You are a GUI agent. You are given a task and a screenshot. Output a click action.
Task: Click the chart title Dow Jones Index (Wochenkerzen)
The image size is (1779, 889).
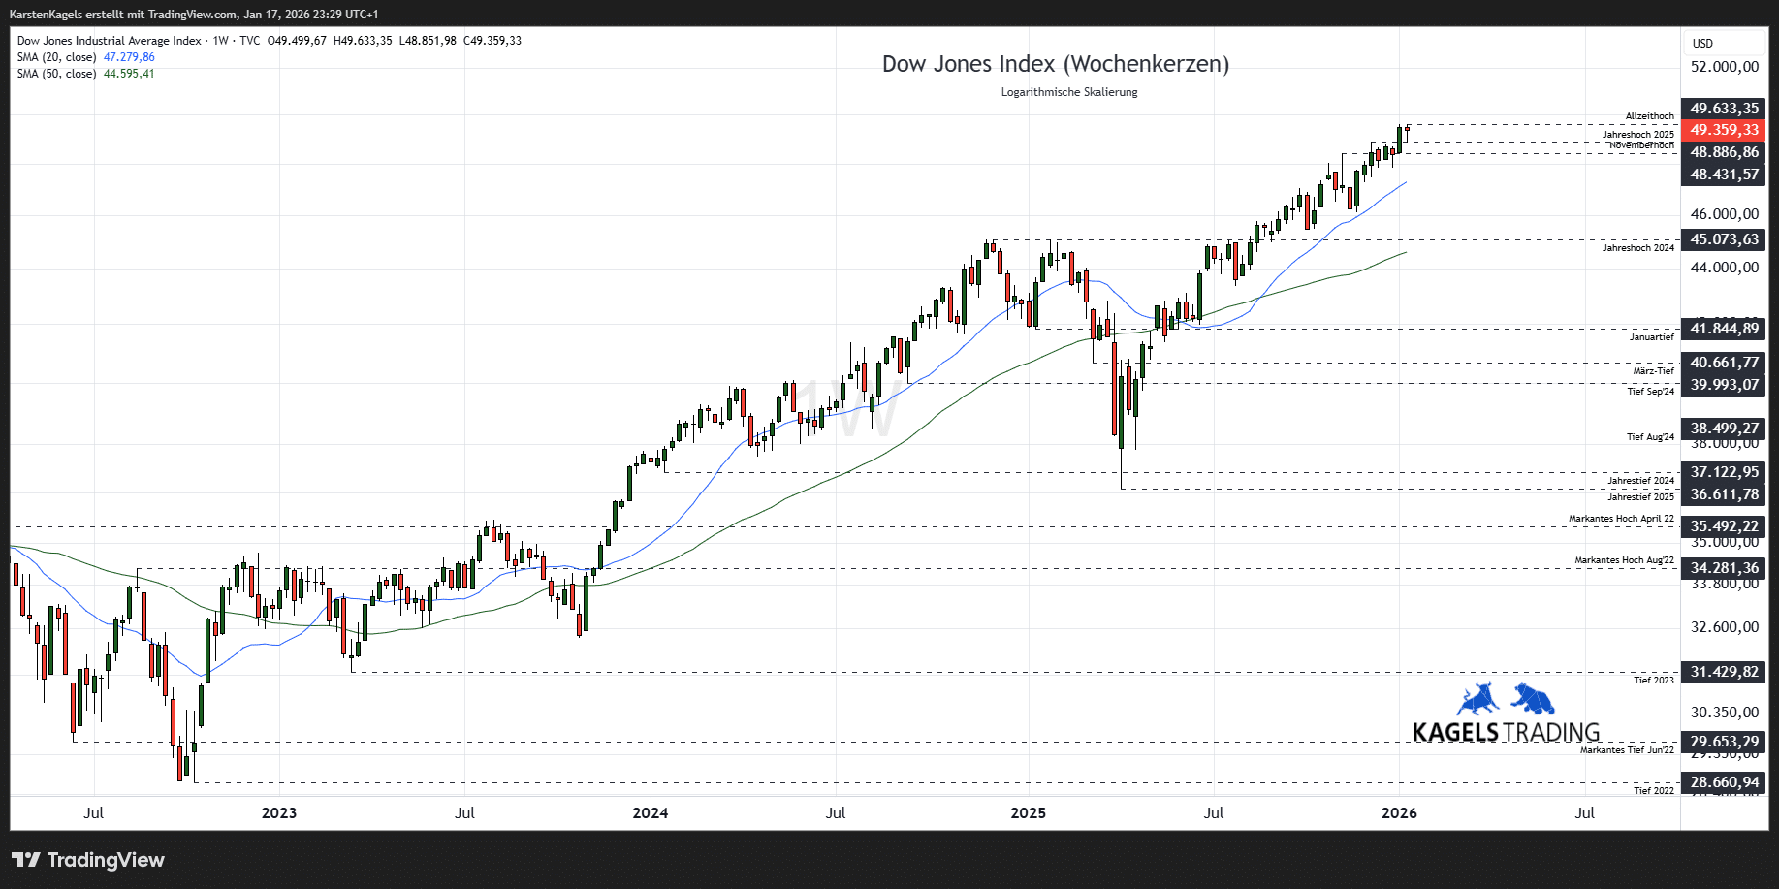point(1055,64)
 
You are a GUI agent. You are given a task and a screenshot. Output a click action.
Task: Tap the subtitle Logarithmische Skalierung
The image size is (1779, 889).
point(1068,92)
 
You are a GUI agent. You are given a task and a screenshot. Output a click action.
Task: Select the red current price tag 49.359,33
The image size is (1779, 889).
point(1724,130)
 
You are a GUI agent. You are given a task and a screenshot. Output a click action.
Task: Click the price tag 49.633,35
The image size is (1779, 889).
point(1724,109)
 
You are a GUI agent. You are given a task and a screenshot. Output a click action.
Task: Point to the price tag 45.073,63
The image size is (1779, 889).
point(1724,239)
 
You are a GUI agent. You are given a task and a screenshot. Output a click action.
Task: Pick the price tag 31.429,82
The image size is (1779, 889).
point(1724,672)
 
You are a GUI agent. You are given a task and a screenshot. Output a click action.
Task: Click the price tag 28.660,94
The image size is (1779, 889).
point(1724,782)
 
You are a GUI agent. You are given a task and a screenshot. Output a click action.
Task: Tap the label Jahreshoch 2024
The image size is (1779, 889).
point(1637,248)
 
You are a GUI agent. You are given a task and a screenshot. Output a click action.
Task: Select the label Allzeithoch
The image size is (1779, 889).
point(1649,116)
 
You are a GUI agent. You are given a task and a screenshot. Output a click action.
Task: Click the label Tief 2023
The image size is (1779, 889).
point(1653,681)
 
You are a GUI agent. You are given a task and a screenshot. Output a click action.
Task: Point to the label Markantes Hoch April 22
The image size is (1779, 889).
point(1621,519)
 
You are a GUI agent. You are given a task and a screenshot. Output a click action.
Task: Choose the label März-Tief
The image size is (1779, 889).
point(1653,371)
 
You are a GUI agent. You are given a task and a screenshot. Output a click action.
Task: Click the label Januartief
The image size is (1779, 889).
point(1651,337)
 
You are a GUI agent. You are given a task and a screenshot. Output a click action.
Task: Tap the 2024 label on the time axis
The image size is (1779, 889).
point(650,813)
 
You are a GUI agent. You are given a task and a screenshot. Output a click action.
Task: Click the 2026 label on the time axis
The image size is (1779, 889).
point(1398,813)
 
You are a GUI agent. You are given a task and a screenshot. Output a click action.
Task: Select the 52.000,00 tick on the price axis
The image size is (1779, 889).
point(1724,67)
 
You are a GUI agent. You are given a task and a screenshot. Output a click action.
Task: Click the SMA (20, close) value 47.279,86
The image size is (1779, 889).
point(129,57)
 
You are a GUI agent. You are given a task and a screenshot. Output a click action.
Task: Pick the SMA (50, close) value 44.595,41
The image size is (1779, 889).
point(129,74)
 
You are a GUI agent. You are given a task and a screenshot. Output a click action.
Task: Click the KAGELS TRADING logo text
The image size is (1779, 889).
point(1505,732)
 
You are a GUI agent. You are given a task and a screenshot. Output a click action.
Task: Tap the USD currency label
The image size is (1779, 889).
point(1702,44)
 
